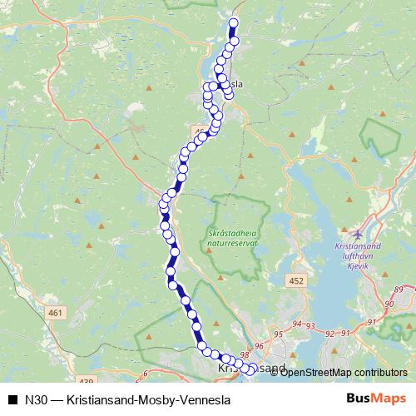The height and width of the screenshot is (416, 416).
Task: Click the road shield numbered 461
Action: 56,312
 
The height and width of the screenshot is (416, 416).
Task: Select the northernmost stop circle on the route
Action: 234,23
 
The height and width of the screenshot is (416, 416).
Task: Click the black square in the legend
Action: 12,398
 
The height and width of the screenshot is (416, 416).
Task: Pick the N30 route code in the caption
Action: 34,398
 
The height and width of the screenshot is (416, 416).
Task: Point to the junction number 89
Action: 399,289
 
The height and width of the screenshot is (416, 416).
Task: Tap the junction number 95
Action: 278,334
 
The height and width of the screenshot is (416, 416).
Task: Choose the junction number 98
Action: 244,354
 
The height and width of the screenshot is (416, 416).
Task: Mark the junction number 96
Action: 259,345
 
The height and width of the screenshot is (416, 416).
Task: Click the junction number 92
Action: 331,333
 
